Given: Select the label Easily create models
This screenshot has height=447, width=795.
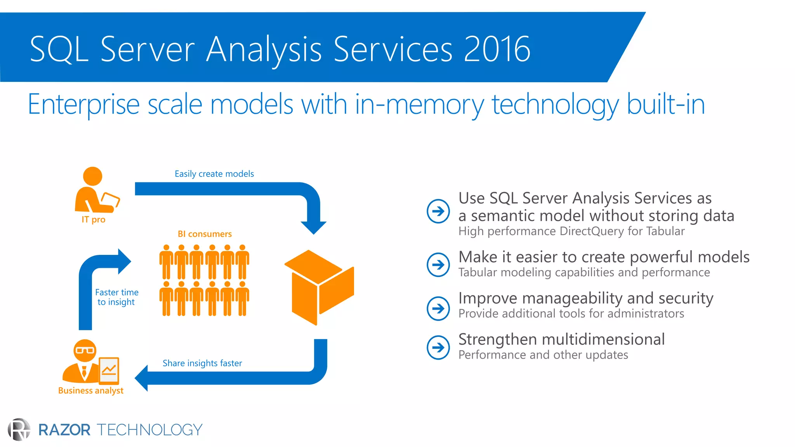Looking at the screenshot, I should point(214,174).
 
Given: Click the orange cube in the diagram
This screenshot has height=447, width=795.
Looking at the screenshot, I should point(319,287).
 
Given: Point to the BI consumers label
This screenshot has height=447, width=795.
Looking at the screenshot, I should point(205,234).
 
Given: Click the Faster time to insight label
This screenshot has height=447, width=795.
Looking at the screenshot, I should point(116,297).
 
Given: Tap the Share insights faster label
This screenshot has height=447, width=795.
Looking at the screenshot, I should point(202,363).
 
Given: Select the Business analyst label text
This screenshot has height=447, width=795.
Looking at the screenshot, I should point(91,390).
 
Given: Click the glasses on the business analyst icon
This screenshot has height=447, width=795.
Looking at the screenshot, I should point(85,350).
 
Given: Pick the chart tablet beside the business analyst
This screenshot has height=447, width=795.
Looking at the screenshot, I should point(109,370).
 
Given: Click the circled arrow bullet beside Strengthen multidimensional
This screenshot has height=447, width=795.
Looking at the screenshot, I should point(438,347).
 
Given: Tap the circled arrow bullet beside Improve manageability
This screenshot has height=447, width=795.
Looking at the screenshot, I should point(438,308).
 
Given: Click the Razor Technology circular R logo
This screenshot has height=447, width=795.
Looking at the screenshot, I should point(19,430).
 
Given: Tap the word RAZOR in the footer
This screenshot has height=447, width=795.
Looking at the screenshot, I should point(64,430).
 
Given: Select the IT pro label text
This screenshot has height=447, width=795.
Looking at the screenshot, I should point(94,220).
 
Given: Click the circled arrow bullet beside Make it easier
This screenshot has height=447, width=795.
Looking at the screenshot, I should point(438,265).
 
